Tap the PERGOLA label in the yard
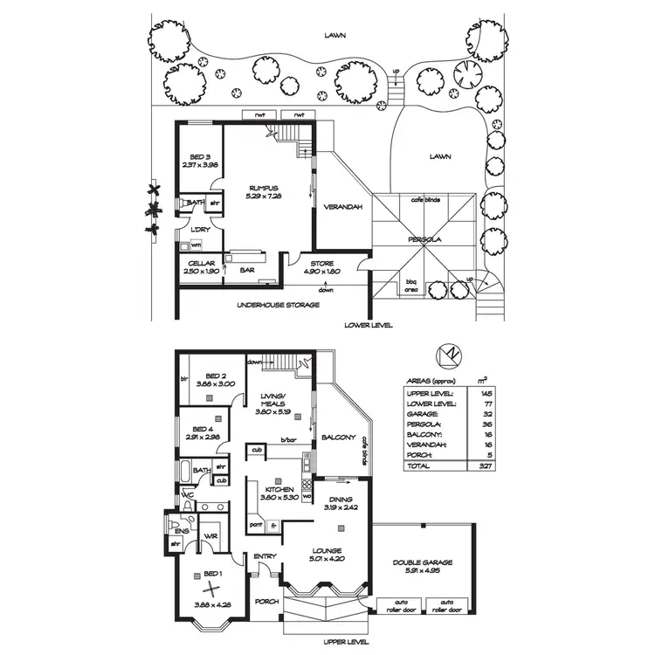425,238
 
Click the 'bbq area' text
411,285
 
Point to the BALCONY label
337,437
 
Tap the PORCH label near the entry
265,602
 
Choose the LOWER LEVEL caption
370,324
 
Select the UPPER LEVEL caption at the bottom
346,642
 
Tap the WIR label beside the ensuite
210,535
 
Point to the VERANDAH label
337,208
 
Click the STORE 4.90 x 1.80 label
322,268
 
